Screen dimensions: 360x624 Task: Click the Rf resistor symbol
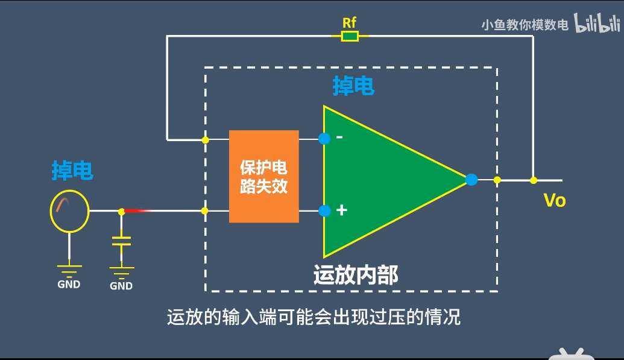(350, 37)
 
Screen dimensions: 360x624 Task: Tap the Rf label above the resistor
(350, 23)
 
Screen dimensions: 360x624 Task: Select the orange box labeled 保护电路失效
(264, 176)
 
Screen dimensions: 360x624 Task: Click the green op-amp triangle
(386, 180)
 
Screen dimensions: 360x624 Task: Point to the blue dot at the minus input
(324, 139)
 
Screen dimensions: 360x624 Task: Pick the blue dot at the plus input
(324, 211)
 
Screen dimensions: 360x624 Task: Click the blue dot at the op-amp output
(471, 180)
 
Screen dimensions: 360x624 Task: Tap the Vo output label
(555, 200)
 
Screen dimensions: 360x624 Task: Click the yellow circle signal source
(69, 211)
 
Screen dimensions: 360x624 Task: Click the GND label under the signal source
(69, 284)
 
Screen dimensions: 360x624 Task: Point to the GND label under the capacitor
(121, 286)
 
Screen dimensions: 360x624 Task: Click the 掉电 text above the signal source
(72, 171)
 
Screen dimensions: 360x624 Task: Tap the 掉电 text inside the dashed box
(353, 86)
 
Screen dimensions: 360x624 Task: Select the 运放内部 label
(356, 274)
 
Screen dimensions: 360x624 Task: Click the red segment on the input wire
(137, 211)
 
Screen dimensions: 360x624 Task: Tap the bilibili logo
(597, 24)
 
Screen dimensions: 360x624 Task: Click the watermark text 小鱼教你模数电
(525, 25)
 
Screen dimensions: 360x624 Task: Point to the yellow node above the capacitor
(121, 211)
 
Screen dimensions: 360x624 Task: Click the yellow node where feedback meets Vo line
(533, 180)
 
